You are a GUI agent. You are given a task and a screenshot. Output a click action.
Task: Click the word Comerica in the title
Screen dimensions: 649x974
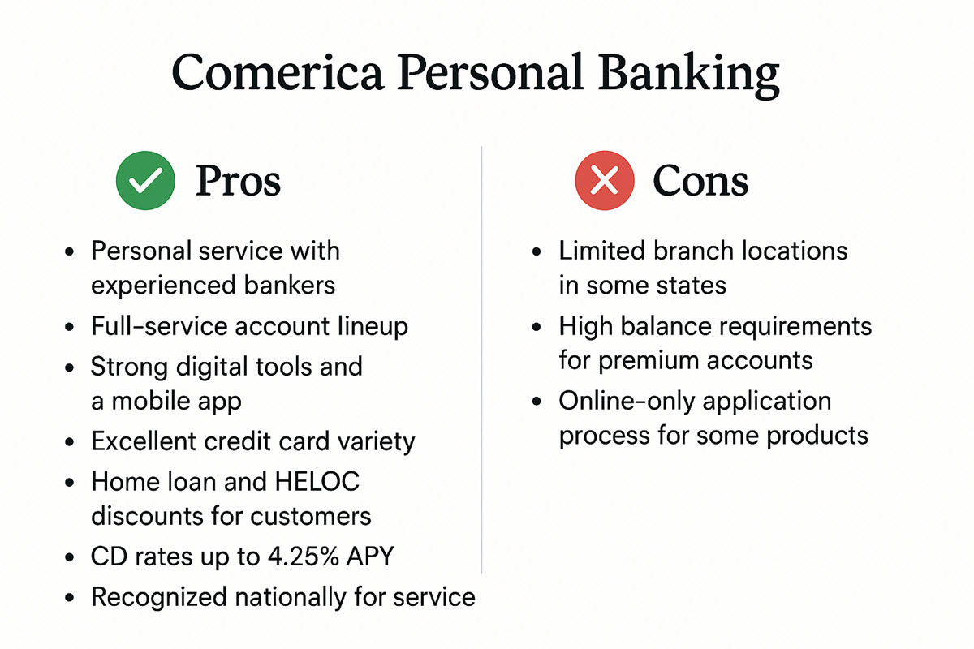[274, 73]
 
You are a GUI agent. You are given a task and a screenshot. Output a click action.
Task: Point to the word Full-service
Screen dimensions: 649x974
[159, 326]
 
